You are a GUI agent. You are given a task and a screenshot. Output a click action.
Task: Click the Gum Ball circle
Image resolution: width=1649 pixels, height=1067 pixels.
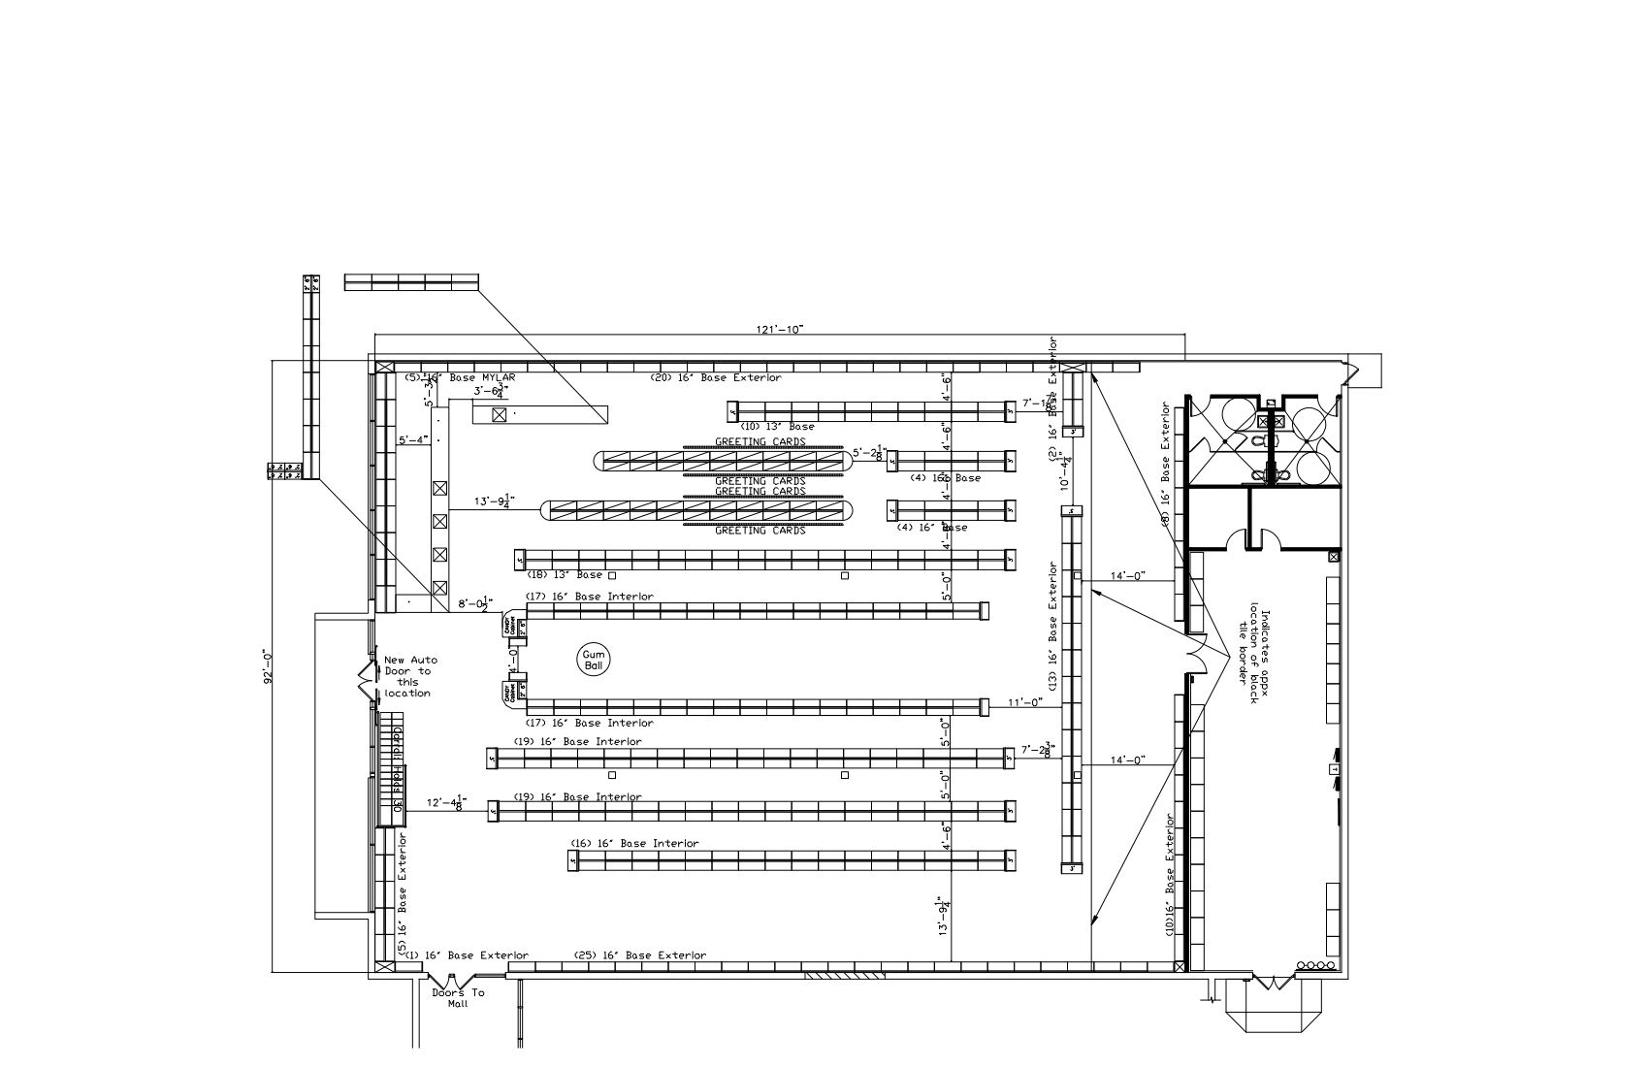pos(593,661)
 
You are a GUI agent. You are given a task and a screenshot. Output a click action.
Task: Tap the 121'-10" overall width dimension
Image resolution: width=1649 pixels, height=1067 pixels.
pos(780,330)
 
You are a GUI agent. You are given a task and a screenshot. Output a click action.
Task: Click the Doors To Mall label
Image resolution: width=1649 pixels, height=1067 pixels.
pos(458,998)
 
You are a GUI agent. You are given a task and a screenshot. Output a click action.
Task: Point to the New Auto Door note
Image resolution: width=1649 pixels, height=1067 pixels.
pos(408,676)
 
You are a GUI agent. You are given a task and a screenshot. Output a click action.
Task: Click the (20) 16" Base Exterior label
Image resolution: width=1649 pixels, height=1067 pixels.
pos(715,377)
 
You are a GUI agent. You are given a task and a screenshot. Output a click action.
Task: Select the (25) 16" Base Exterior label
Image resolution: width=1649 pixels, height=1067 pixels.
pos(640,955)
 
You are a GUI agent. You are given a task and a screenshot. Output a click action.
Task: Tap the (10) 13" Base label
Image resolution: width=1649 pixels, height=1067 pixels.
pos(777,426)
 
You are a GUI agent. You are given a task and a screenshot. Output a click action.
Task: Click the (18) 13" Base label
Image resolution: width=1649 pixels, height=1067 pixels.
pos(564,575)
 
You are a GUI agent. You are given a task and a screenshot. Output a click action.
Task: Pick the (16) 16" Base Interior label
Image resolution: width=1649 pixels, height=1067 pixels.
pos(633,843)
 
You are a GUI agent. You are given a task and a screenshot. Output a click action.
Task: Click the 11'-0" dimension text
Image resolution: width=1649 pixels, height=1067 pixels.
pos(1024,701)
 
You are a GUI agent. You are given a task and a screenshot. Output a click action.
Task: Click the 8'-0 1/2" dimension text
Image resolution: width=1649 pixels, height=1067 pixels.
pos(476,603)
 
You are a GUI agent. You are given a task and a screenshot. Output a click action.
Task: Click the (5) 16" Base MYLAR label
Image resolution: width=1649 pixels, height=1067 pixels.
pos(460,377)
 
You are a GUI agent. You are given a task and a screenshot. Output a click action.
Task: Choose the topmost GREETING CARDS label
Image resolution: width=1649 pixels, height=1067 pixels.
pos(760,441)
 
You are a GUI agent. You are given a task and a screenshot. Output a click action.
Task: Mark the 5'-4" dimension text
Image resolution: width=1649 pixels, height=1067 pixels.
pos(413,439)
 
